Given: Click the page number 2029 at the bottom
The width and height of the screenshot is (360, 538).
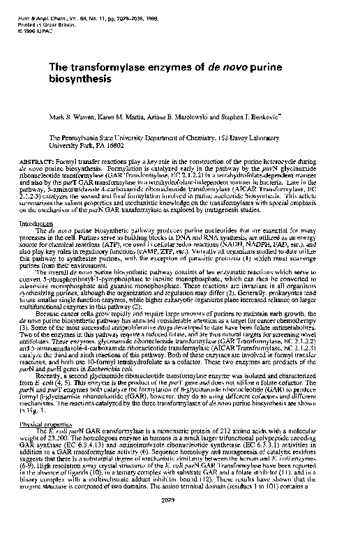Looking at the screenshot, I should point(188,518).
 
